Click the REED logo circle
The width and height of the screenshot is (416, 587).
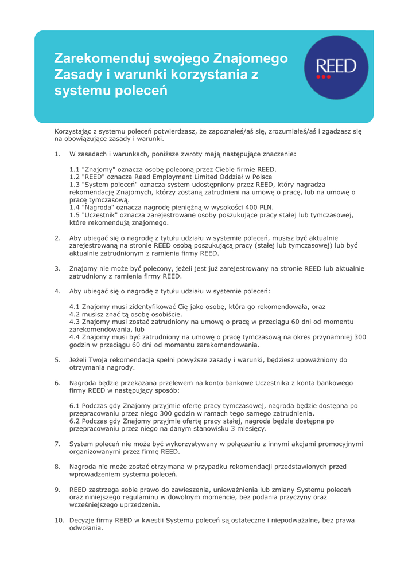pos(339,68)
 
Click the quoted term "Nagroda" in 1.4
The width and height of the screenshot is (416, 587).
pos(100,206)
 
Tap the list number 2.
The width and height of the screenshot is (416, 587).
pos(57,237)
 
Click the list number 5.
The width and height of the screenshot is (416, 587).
pos(57,360)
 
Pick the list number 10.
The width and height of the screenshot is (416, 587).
pos(59,520)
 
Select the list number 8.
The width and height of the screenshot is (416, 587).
pos(57,467)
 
